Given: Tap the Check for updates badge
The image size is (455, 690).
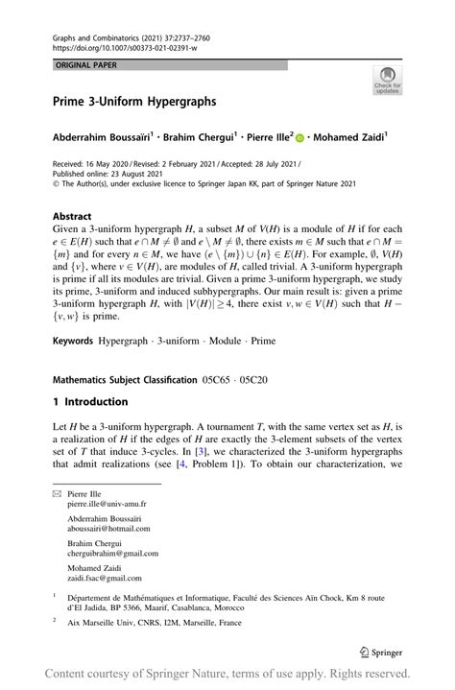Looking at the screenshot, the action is click(388, 80).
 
